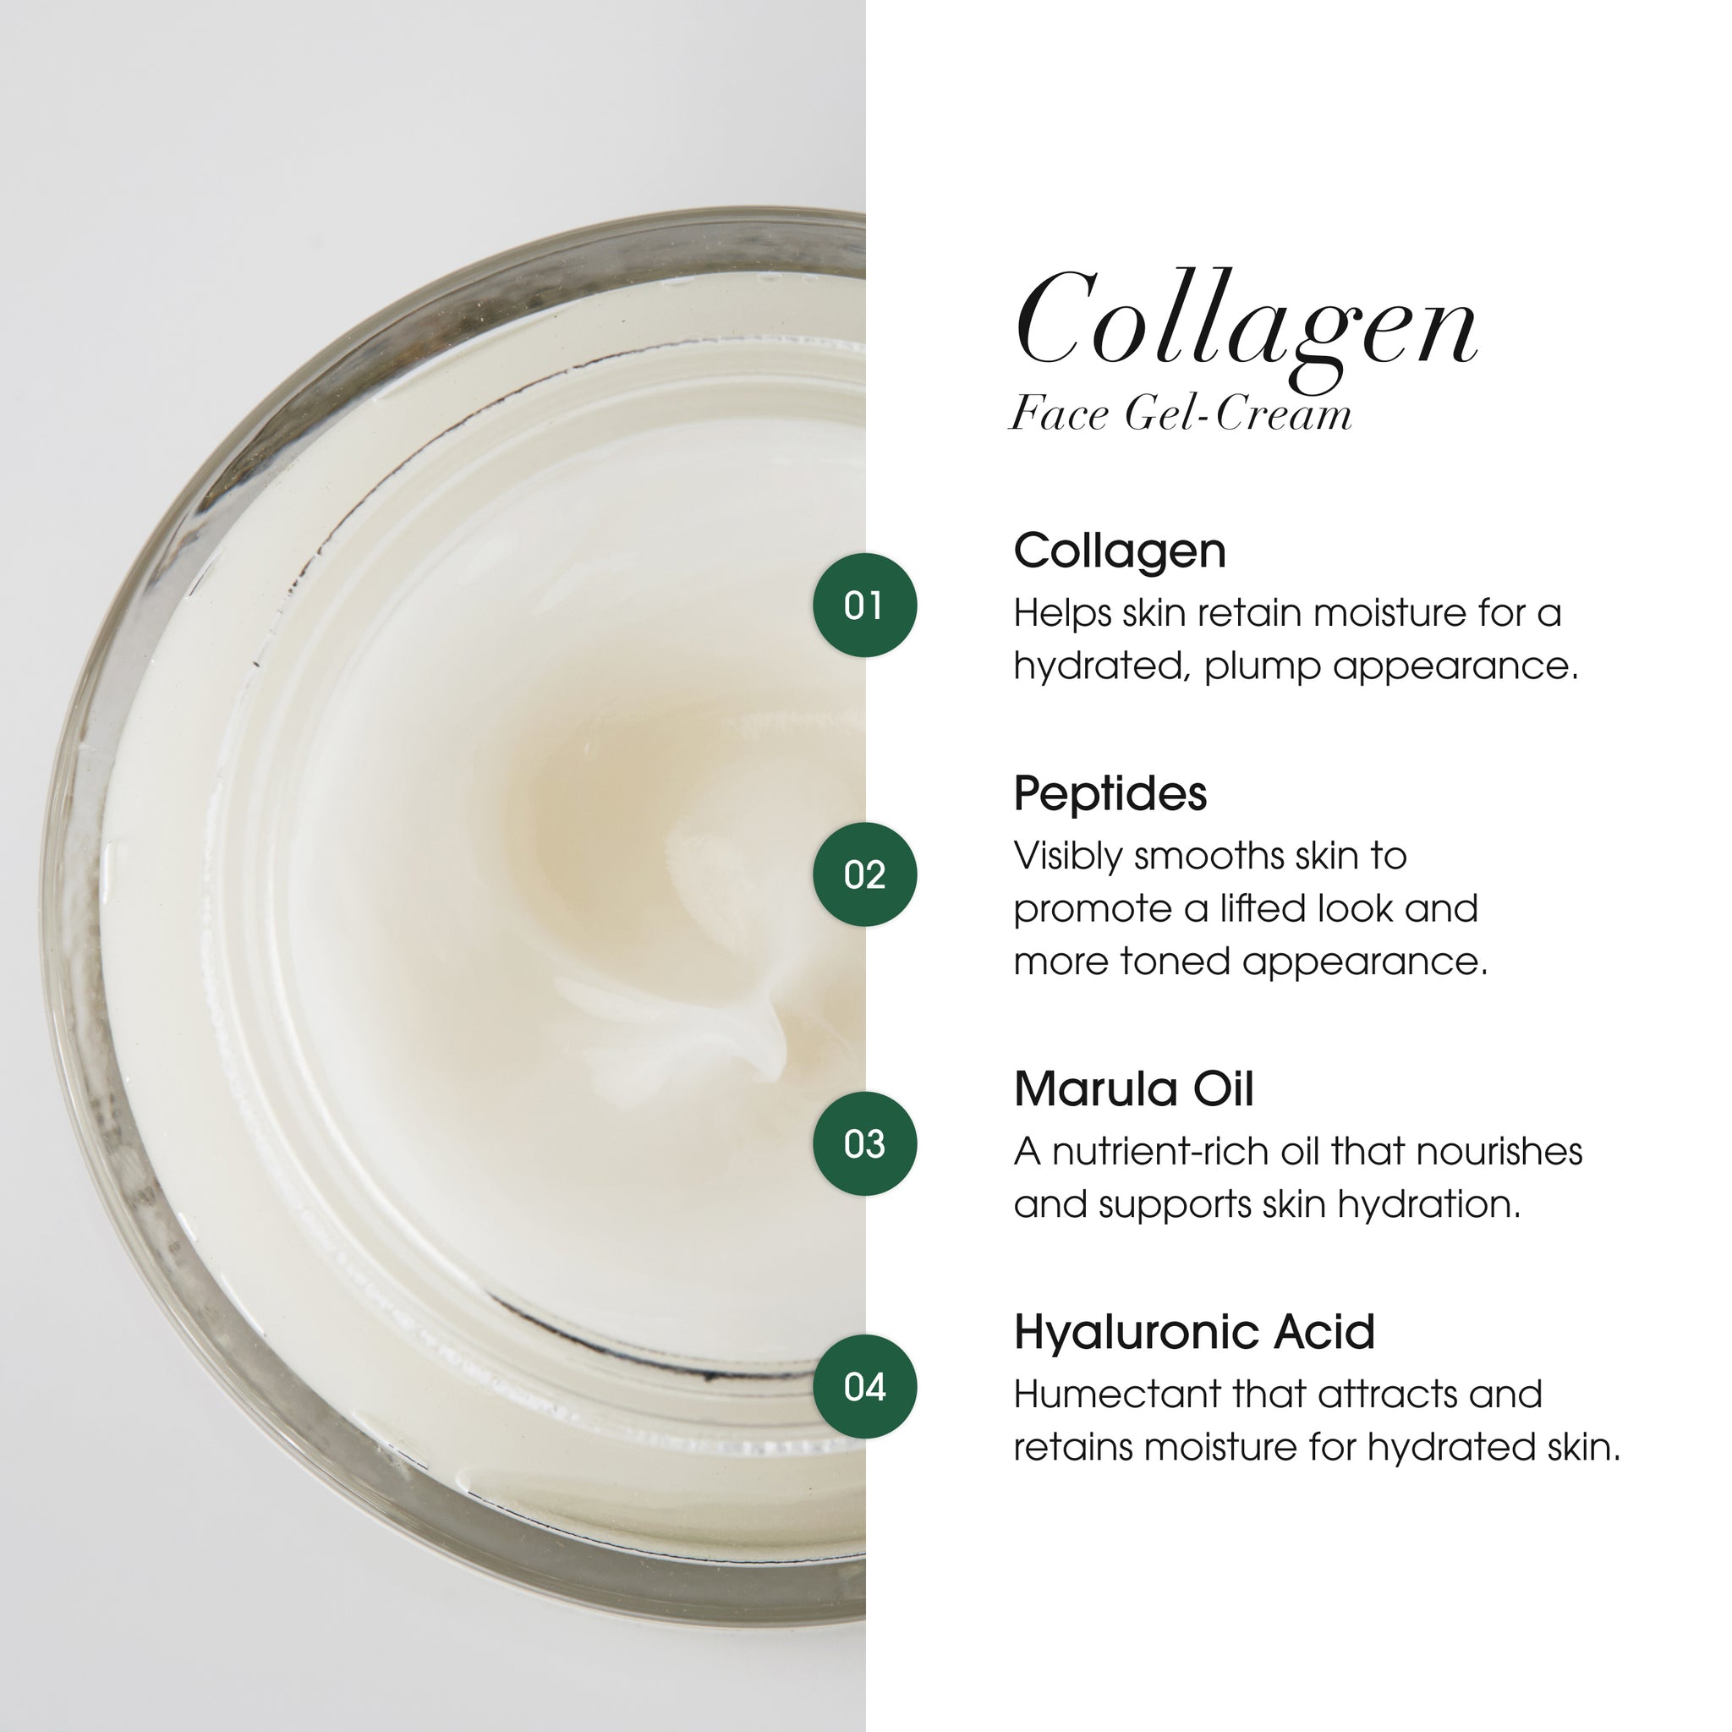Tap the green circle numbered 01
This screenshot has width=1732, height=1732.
(864, 606)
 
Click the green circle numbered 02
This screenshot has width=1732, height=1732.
(864, 874)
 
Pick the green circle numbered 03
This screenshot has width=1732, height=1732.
(864, 1144)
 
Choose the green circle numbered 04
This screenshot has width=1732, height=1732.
(864, 1387)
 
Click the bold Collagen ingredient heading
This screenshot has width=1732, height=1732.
(1119, 551)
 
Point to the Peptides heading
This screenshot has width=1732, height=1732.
(1110, 793)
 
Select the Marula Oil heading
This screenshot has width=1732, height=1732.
(1133, 1089)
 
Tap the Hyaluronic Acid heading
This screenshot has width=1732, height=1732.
(1194, 1332)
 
